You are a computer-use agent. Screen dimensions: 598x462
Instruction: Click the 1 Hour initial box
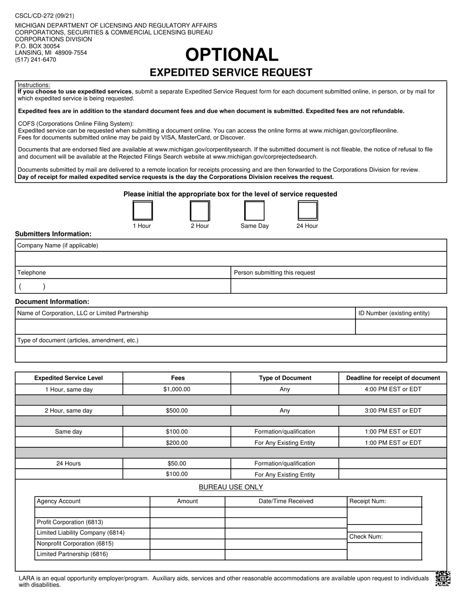coord(142,211)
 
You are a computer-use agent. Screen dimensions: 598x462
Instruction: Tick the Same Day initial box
coord(254,211)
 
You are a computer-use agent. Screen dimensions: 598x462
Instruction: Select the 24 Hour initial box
coord(307,211)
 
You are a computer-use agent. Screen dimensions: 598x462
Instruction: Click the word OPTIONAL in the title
coord(231,54)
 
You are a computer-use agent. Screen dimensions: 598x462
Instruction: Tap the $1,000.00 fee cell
coord(177,389)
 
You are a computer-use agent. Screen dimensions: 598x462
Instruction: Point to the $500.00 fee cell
coord(177,411)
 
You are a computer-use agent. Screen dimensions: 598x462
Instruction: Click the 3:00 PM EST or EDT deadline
coord(392,411)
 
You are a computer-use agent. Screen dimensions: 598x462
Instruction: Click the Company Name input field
coord(231,259)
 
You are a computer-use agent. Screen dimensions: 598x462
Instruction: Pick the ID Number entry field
coord(401,327)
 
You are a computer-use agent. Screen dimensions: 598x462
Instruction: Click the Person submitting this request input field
coord(338,286)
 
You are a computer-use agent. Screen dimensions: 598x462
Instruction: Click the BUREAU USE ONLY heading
coord(231,487)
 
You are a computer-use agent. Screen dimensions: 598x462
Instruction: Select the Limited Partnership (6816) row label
coord(72,554)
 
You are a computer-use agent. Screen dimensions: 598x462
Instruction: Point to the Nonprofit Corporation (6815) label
coord(75,544)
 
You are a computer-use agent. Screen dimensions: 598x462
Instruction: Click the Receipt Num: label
coord(368,501)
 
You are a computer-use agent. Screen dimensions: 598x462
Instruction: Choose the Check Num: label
coord(366,537)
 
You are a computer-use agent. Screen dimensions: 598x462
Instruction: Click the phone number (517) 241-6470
coord(36,60)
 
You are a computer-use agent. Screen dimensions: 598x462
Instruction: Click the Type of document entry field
coord(231,354)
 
